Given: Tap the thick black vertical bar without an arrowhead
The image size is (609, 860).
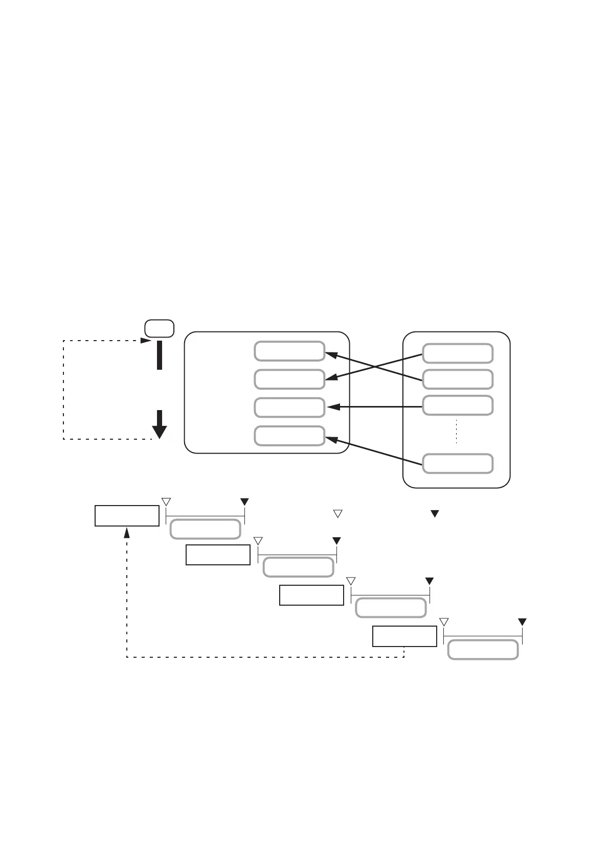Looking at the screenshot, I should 160,354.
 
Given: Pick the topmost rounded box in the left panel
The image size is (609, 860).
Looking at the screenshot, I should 289,351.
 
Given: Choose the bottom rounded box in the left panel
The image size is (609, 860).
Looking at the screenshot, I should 289,436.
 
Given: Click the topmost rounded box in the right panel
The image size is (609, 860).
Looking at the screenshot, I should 458,353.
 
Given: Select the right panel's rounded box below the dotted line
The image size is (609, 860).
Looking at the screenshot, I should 458,463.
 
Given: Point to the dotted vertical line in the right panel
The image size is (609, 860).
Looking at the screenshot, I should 456,432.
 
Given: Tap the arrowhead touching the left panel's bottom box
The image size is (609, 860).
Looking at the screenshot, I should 331,439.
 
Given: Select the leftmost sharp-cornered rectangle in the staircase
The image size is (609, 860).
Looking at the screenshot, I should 127,515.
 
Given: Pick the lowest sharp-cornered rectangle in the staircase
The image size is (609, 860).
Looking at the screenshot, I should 404,636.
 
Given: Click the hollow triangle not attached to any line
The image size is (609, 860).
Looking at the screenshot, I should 337,514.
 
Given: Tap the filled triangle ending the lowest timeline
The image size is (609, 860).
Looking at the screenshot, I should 522,622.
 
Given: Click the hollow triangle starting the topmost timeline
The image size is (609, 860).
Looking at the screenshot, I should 166,501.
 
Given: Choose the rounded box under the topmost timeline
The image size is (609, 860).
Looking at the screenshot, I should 205,529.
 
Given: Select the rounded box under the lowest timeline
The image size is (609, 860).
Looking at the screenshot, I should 483,650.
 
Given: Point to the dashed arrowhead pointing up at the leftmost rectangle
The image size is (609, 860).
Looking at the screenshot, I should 127,533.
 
